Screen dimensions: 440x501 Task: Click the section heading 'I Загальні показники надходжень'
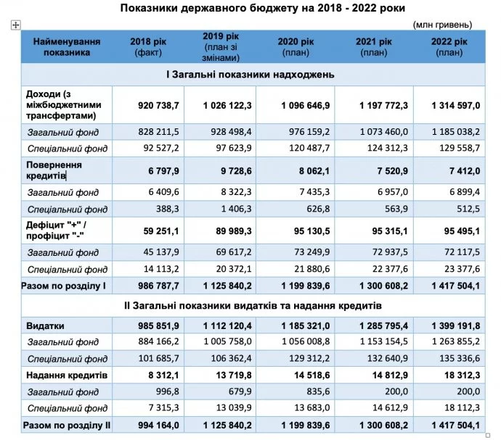[251, 75]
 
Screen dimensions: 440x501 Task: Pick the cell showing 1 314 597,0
[456, 105]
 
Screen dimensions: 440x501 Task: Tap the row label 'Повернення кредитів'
[55, 170]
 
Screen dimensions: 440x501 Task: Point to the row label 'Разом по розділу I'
[65, 286]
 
